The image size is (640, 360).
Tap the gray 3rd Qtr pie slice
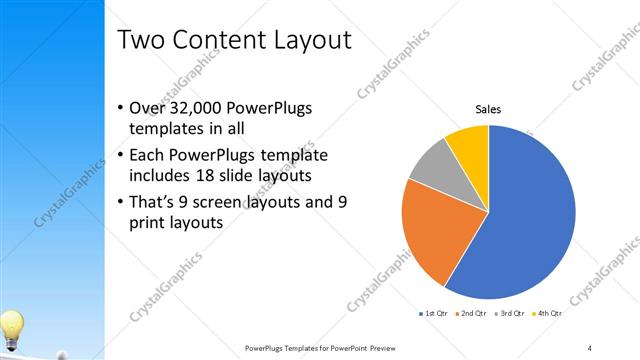click(433, 164)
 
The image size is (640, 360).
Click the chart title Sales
click(488, 109)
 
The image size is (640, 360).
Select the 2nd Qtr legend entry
click(472, 314)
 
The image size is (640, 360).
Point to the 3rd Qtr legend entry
click(511, 314)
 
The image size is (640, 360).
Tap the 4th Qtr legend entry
click(549, 314)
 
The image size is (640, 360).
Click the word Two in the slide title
click(140, 40)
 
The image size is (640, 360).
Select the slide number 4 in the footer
click(590, 347)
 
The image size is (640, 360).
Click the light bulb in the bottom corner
click(11, 327)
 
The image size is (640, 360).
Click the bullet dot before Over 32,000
click(121, 109)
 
